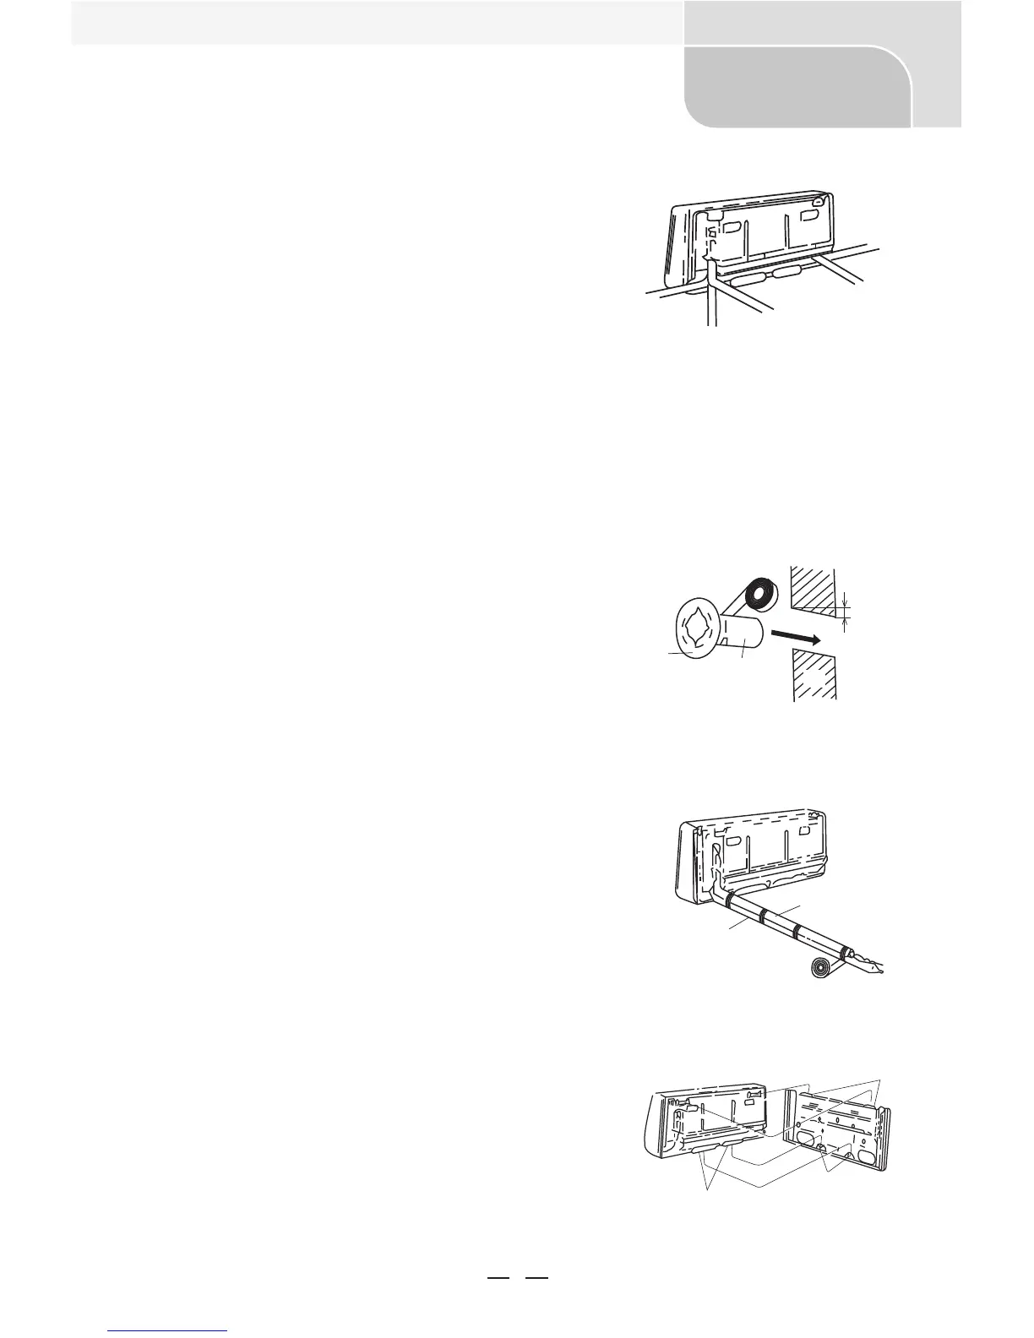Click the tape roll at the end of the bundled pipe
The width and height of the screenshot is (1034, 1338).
(x=825, y=968)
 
